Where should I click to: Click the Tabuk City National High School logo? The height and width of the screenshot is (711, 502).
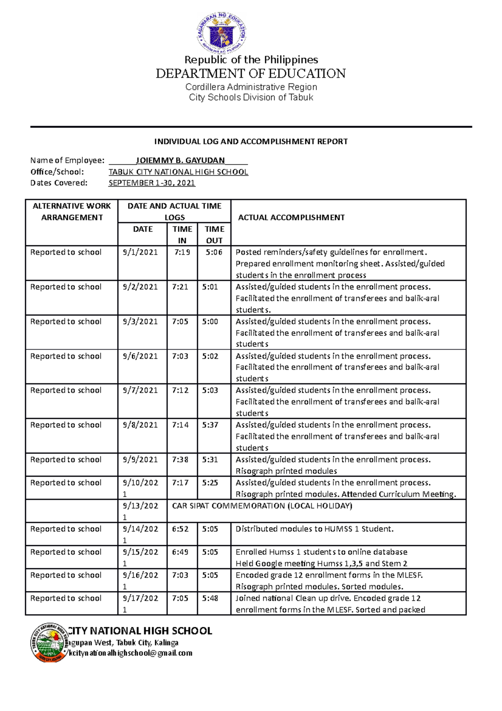click(x=49, y=642)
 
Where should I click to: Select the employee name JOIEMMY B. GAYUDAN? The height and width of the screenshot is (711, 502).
click(x=180, y=160)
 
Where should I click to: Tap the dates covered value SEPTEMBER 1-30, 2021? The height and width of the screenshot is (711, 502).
click(x=151, y=183)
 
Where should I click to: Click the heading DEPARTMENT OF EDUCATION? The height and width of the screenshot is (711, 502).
click(x=251, y=74)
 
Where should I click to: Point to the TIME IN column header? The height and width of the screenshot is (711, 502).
click(x=182, y=234)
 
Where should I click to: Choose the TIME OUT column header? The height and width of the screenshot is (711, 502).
click(x=214, y=234)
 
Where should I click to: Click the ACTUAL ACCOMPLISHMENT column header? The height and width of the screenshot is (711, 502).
click(x=291, y=217)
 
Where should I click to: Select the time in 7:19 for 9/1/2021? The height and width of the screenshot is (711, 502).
click(x=182, y=252)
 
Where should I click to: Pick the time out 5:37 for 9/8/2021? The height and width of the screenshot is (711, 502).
click(x=210, y=425)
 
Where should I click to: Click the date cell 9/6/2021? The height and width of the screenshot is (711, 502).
click(x=140, y=356)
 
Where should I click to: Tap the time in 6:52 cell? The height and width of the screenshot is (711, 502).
click(x=180, y=529)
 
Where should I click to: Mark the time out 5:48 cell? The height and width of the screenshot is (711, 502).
click(x=210, y=598)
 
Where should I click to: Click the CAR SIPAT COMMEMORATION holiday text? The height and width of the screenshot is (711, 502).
click(x=262, y=506)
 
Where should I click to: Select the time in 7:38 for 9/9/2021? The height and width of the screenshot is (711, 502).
click(x=180, y=460)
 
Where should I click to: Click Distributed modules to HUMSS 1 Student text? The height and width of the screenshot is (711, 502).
click(x=314, y=529)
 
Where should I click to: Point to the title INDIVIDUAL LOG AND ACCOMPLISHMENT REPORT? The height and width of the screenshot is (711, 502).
click(x=251, y=142)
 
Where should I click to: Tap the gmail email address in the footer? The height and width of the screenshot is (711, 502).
click(x=131, y=653)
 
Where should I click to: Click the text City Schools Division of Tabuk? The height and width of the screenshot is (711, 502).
click(x=251, y=98)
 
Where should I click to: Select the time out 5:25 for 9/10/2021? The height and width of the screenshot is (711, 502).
click(x=210, y=483)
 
